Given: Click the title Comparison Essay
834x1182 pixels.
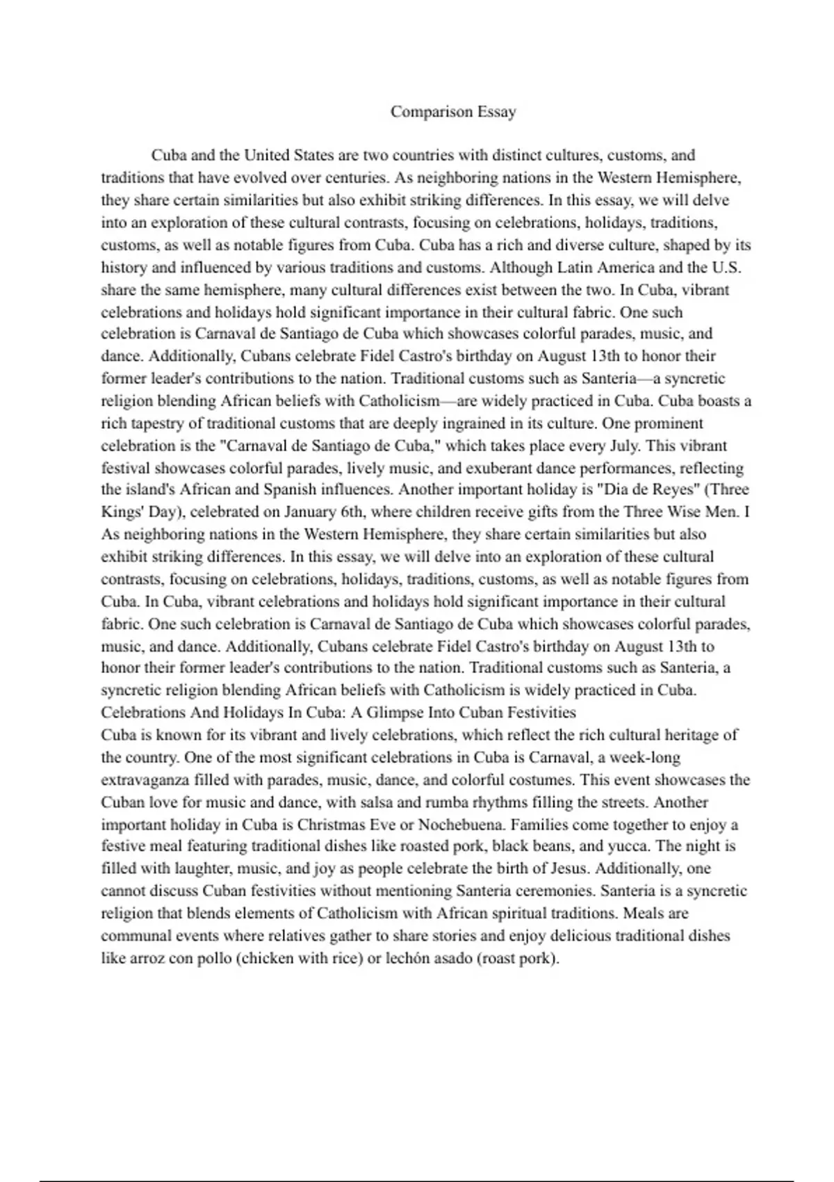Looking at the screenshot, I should (453, 112).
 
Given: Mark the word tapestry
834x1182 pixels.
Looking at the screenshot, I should (163, 423).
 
